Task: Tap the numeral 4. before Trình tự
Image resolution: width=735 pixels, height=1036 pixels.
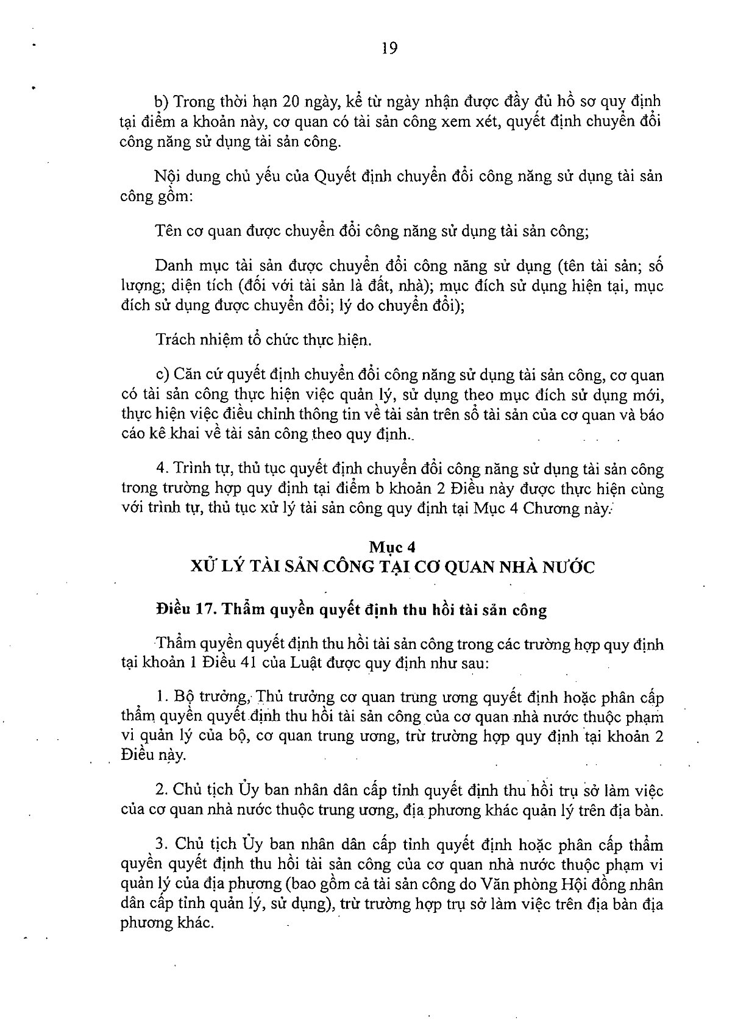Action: [162, 469]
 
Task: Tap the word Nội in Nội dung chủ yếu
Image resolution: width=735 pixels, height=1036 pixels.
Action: [167, 177]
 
